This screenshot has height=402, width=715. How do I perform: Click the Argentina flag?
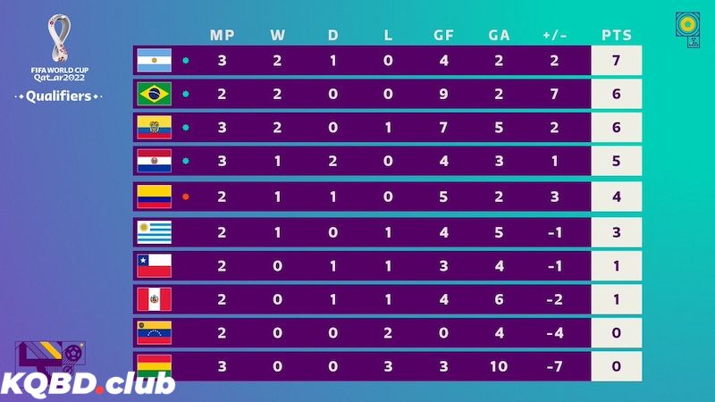click(154, 60)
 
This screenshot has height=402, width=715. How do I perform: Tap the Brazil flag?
click(154, 94)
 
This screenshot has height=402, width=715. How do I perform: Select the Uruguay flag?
click(154, 230)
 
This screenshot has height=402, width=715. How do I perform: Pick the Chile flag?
click(154, 264)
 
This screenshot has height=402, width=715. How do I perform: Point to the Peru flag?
click(154, 298)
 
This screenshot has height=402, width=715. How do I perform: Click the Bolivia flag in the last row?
click(154, 365)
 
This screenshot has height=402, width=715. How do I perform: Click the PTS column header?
click(617, 36)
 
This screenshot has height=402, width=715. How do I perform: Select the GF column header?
click(443, 36)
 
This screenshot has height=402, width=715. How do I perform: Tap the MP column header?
click(222, 36)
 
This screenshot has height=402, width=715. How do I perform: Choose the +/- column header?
click(555, 36)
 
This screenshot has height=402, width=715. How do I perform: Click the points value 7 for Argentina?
click(617, 60)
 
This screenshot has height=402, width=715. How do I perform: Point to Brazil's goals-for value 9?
click(443, 94)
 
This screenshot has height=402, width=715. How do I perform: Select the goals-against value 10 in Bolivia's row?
click(499, 365)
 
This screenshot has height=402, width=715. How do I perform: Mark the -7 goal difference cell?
click(555, 365)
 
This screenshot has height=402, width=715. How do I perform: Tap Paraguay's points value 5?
click(617, 162)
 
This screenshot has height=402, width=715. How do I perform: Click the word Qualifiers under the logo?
click(58, 96)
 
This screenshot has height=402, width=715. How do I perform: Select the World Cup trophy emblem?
click(58, 36)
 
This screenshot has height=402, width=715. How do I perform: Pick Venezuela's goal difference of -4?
click(555, 332)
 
